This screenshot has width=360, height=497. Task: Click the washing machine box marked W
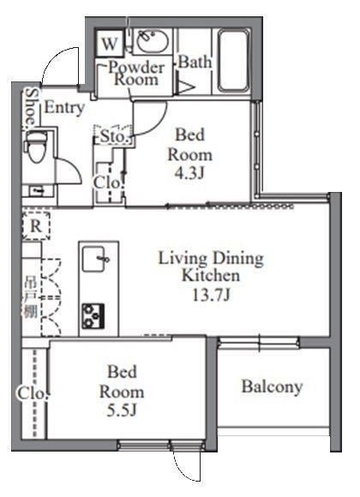coord(111,42)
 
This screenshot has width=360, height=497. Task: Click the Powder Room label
coord(134,73)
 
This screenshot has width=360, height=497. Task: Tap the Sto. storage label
coord(114,136)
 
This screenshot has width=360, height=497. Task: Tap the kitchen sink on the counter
coord(95,257)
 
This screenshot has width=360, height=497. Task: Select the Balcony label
coord(271,387)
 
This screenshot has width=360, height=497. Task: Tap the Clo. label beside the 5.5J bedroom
coord(28,394)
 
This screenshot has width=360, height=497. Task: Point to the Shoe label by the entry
coord(30,107)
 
